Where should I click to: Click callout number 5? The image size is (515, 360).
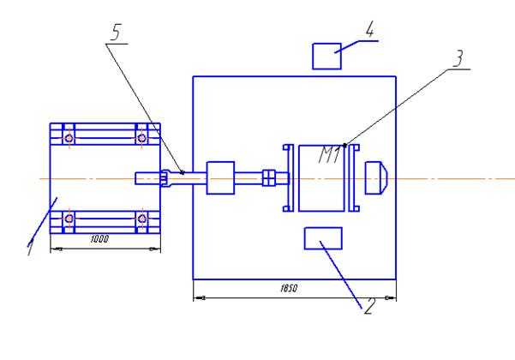(117, 33)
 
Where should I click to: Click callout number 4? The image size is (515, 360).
(370, 29)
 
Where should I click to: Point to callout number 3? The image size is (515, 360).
(458, 58)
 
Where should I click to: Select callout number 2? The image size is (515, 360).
(369, 306)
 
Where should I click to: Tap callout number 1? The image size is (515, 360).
(30, 247)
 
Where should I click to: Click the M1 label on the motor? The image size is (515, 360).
(329, 155)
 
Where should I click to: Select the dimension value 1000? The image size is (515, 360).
(99, 239)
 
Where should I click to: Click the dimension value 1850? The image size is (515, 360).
(289, 288)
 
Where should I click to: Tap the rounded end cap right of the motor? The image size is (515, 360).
(376, 177)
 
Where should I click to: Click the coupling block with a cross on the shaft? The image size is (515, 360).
(269, 177)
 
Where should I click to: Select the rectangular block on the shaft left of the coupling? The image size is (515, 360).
(220, 177)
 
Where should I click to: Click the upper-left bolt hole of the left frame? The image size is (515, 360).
(69, 138)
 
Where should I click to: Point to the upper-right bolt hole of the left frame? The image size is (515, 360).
(142, 138)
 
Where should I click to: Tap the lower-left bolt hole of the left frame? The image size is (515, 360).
(69, 219)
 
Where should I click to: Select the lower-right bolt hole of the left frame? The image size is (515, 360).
(142, 219)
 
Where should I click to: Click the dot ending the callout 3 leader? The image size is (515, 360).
(344, 145)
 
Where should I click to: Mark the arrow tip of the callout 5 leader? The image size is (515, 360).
(183, 173)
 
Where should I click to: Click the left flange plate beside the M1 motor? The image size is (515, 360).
(289, 177)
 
